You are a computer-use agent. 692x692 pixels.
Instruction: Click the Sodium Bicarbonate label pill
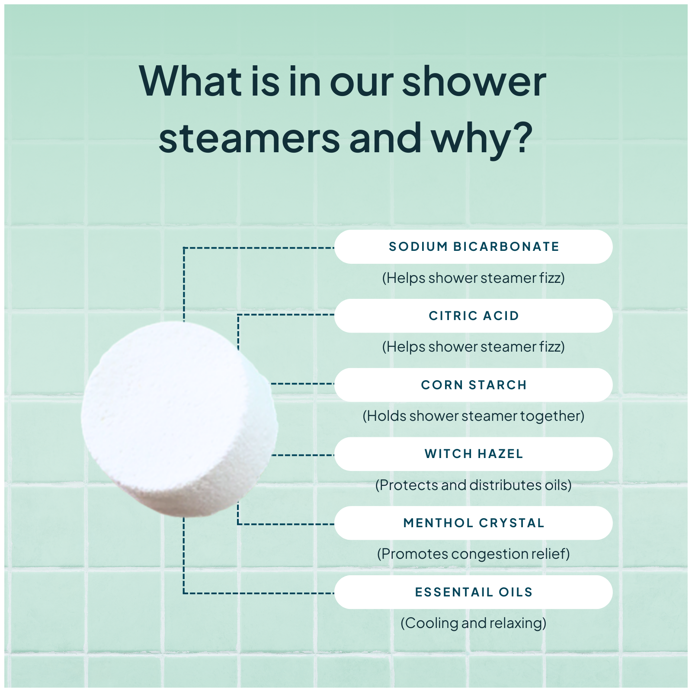tap(473, 247)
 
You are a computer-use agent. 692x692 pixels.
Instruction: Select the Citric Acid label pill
tap(473, 316)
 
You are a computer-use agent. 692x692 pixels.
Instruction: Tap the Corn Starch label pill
tap(473, 385)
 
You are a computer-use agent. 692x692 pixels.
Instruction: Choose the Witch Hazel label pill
tap(473, 454)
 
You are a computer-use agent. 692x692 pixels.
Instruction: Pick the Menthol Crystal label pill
tap(473, 523)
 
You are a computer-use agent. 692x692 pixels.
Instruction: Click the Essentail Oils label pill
tap(473, 592)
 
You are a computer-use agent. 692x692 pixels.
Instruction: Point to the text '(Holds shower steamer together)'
tap(473, 416)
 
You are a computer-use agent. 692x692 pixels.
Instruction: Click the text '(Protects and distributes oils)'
tap(473, 485)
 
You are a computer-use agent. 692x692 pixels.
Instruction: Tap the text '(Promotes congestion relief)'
tap(473, 554)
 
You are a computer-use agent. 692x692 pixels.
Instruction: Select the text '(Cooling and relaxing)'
tap(473, 623)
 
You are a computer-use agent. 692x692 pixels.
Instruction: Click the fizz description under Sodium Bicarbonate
tap(473, 278)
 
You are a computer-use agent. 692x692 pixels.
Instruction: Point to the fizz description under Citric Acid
tap(473, 347)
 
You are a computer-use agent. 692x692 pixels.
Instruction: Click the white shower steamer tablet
tap(177, 420)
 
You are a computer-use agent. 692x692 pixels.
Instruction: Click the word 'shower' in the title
tap(474, 82)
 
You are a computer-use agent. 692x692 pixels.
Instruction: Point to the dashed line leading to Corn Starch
tap(303, 384)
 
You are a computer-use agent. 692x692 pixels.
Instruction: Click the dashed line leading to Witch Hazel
tap(303, 455)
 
